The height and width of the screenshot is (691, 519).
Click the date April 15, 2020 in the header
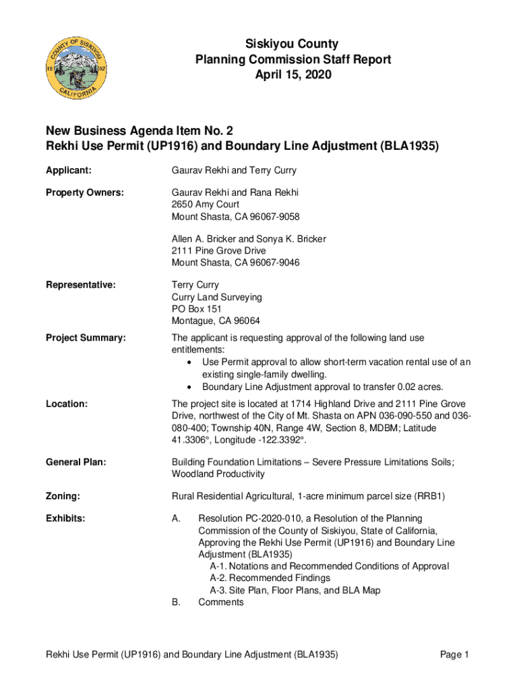tap(293, 76)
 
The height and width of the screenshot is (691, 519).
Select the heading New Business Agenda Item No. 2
tap(140, 131)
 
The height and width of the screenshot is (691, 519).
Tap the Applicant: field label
tap(69, 171)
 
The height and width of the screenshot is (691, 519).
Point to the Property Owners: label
tap(85, 193)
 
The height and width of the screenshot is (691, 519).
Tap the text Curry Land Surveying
tap(217, 297)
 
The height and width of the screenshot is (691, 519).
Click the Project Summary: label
tap(86, 338)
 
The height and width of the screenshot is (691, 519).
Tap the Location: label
tap(67, 404)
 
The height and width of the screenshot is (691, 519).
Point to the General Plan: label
tap(76, 462)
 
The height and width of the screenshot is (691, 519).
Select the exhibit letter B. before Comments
tap(177, 602)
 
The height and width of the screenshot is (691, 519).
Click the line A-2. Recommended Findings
tap(270, 578)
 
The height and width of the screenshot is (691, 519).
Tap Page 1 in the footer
tap(454, 655)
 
